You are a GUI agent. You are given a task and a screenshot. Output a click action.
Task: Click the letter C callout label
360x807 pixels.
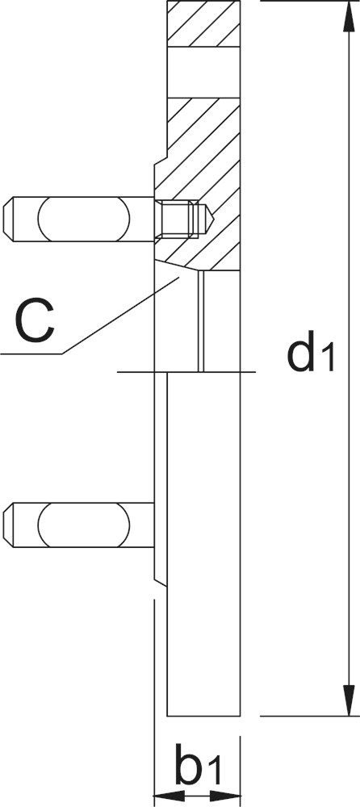point(36,322)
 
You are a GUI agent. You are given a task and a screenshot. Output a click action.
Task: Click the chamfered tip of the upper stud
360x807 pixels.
point(8,219)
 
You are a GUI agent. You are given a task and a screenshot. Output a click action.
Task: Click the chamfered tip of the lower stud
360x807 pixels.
point(8,525)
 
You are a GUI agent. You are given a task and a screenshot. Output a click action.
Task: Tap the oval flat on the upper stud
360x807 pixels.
point(83,219)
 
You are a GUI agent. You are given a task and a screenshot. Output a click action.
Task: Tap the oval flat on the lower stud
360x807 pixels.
point(83,525)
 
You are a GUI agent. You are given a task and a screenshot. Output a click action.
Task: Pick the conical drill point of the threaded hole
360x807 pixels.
point(207,219)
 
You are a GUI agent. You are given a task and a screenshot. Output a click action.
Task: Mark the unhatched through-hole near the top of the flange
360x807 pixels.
point(203,73)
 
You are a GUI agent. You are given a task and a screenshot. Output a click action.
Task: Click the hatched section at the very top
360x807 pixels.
point(203,24)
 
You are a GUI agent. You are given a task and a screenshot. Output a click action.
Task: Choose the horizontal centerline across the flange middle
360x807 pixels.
point(186,371)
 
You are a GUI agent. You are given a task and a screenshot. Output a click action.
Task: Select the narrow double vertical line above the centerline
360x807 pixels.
point(201,320)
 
